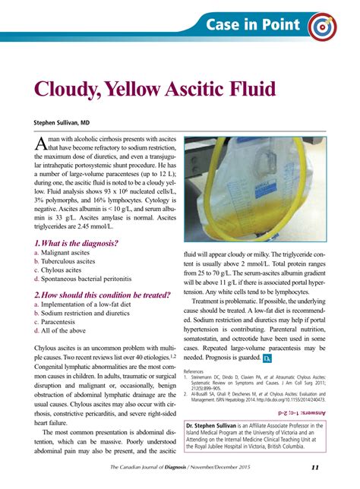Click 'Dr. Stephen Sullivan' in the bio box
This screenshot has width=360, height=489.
221,426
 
